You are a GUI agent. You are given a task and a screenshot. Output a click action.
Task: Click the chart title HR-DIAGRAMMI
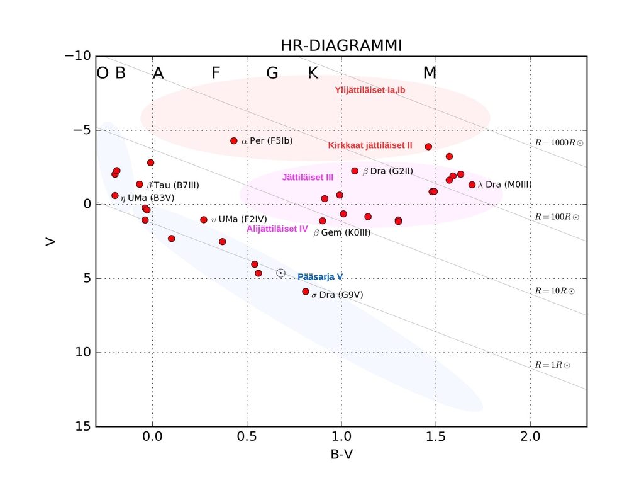point(341,46)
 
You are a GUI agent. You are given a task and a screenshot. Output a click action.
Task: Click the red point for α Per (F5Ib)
point(234,141)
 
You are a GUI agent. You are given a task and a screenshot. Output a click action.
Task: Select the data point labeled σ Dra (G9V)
point(306,292)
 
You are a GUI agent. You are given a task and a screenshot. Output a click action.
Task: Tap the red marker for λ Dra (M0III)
point(472,185)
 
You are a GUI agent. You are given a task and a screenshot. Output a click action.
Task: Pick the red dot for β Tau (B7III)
point(140,185)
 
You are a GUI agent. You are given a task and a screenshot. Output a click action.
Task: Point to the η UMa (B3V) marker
point(115,196)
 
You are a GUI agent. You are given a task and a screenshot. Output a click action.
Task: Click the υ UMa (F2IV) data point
point(204,220)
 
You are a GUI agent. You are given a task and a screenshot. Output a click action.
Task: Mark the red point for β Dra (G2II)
point(355,171)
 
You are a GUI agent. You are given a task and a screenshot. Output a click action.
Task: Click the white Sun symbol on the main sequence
point(280,273)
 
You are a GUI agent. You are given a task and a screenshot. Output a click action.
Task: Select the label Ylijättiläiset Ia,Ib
point(370,90)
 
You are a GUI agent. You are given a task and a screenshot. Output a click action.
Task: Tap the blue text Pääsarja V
point(320,276)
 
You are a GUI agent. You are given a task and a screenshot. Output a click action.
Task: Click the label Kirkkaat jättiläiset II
point(370,145)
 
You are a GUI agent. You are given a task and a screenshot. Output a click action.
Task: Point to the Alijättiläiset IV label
point(277,229)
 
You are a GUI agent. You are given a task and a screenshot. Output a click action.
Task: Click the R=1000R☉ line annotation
point(558,143)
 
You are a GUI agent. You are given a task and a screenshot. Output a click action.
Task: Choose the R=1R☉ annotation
point(552,365)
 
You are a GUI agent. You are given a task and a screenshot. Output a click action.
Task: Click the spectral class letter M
point(430,73)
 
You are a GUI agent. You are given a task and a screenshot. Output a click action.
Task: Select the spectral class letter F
point(216,73)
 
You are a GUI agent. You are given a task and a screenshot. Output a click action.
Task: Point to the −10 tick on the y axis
point(78,55)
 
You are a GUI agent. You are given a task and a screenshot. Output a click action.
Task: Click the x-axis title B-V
point(341,453)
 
